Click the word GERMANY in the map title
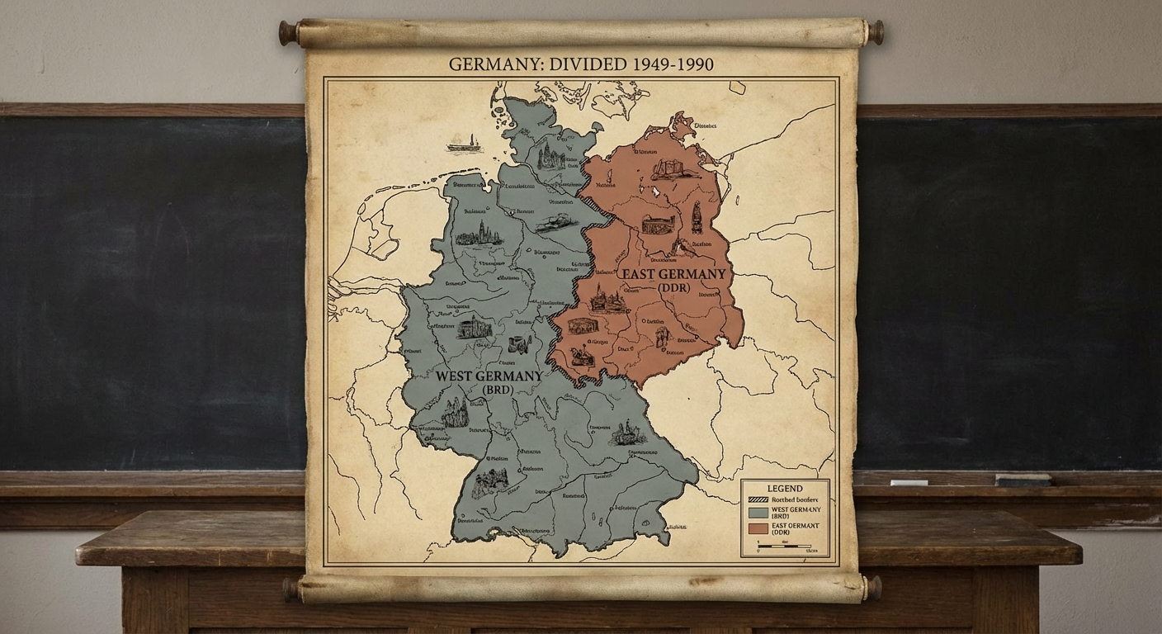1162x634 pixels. pyautogui.click(x=489, y=64)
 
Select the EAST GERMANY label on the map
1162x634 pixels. pyautogui.click(x=673, y=274)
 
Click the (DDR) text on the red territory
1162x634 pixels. pyautogui.click(x=679, y=288)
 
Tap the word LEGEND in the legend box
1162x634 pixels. pyautogui.click(x=785, y=489)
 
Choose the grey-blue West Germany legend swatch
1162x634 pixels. pyautogui.click(x=756, y=512)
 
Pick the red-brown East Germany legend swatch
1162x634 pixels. pyautogui.click(x=756, y=528)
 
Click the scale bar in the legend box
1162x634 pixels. pyautogui.click(x=784, y=547)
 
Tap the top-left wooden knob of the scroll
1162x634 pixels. pyautogui.click(x=288, y=33)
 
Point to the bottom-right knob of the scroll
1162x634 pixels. pyautogui.click(x=873, y=588)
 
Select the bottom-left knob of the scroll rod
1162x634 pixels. pyautogui.click(x=290, y=589)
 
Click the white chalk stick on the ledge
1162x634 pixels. pyautogui.click(x=909, y=482)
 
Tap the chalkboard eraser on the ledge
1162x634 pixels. pyautogui.click(x=1023, y=480)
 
